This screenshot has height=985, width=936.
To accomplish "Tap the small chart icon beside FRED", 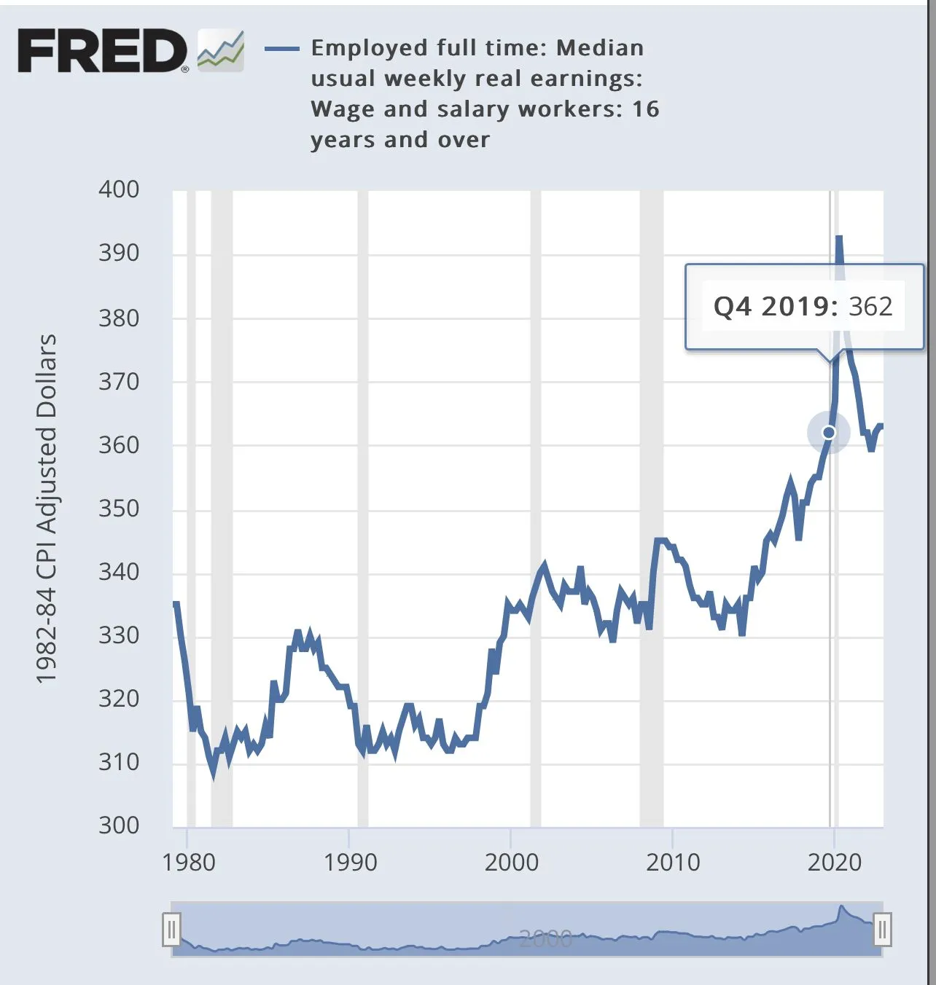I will tap(221, 51).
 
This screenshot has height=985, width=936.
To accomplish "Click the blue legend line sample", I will tap(281, 49).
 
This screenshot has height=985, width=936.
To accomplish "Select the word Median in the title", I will tap(600, 48).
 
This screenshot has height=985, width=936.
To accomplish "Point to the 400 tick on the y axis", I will tap(119, 189).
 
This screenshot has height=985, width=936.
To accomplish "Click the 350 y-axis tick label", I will tap(119, 508).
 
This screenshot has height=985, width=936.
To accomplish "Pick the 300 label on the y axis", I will tap(119, 825).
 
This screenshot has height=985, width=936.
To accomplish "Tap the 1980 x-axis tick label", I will tap(189, 862).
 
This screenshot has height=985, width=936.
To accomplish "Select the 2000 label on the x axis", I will tap(512, 862).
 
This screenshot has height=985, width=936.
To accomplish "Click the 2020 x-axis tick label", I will tap(834, 862).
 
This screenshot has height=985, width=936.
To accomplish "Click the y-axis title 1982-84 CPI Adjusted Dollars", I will tap(47, 509).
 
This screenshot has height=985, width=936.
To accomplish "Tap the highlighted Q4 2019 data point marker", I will tap(829, 433).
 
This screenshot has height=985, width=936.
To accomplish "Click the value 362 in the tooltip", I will tap(870, 306).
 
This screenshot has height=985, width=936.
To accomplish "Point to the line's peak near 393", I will tap(839, 238).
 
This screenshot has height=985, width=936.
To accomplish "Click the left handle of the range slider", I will tap(171, 930).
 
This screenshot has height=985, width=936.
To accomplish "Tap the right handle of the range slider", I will tap(882, 930).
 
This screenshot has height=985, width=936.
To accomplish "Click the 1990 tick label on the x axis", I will tap(350, 862).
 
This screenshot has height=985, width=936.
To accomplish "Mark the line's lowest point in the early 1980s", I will tap(214, 774).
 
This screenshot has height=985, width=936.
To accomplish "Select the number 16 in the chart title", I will tap(645, 109).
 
